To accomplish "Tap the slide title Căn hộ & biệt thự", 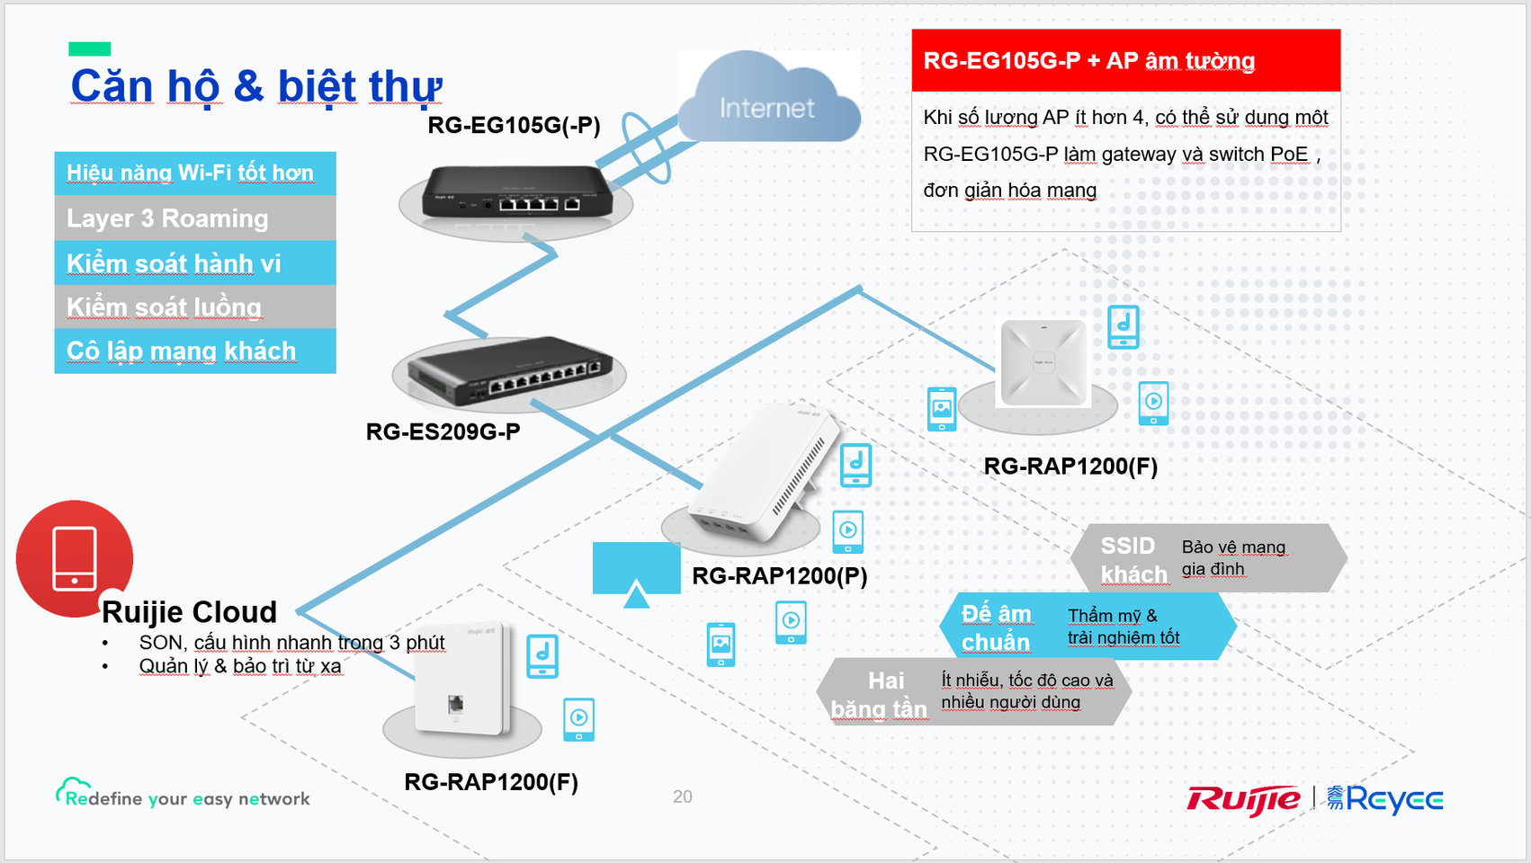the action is [x=256, y=87].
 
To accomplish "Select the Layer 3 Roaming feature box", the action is [x=195, y=218].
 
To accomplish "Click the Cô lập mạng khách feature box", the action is [x=195, y=351].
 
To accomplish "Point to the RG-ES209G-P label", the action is [x=443, y=431].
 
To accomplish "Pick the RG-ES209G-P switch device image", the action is [x=508, y=371].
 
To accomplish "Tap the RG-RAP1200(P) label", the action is [x=780, y=575].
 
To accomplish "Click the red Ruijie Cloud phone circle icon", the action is [x=75, y=558].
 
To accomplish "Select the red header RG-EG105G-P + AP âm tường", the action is [x=1126, y=60].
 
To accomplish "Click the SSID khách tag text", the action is [x=1134, y=560].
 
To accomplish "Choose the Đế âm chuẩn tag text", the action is [x=996, y=628].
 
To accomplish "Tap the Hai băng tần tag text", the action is [x=879, y=695].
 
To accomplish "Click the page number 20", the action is [x=682, y=796].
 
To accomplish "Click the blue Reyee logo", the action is [x=1385, y=799].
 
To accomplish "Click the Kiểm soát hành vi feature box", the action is [x=195, y=262].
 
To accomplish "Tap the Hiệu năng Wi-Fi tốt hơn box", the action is [x=195, y=173].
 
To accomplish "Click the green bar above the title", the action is [x=90, y=49].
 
